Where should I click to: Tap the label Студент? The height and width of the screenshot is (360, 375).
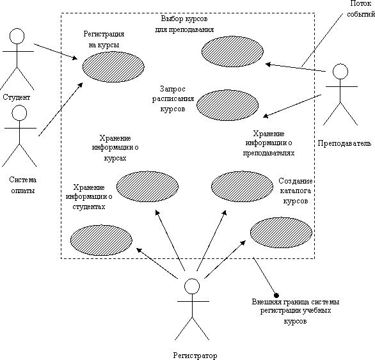(17, 97)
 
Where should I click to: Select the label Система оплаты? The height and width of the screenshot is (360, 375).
(23, 185)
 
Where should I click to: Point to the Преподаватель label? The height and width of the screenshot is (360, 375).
(344, 143)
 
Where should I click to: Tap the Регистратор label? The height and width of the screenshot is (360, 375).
(195, 356)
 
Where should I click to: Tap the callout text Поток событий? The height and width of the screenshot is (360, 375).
(361, 8)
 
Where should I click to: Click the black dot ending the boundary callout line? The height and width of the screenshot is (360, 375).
(276, 295)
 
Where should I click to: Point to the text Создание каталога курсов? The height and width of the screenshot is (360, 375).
(296, 191)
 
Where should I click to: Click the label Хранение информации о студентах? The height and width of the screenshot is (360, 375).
(89, 196)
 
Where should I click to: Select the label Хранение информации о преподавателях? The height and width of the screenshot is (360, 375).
(269, 143)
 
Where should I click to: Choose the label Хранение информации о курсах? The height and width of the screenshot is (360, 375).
(115, 148)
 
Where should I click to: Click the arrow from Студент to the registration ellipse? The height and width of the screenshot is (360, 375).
(56, 51)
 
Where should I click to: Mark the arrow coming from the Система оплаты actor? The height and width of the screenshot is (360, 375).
(61, 109)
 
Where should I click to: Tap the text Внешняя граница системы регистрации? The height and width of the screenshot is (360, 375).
(296, 306)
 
